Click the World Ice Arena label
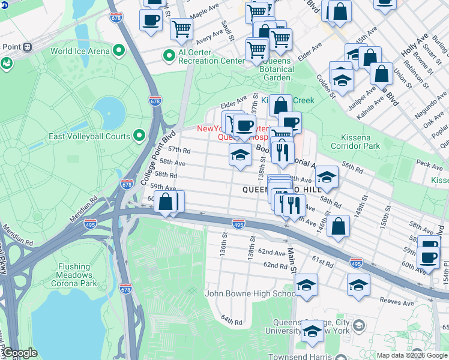tap(80, 51)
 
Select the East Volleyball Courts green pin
tap(139, 136)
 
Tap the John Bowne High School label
tap(250, 293)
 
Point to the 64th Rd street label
tap(231, 322)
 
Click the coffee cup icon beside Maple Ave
tap(151, 20)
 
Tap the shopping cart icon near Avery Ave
tap(181, 28)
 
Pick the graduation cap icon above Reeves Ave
tap(358, 284)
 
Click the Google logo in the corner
tap(19, 353)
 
